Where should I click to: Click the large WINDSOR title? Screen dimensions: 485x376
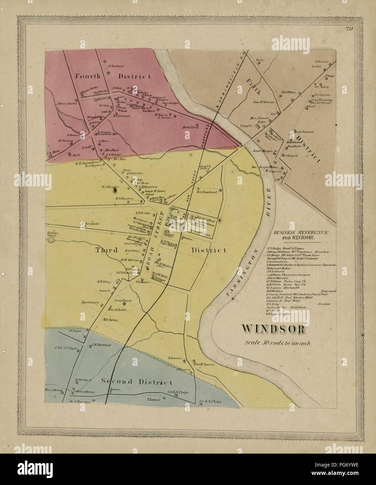[x=274, y=329]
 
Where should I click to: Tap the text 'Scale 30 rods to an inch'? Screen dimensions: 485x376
[x=280, y=342]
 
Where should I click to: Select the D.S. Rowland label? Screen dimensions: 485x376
[x=207, y=192]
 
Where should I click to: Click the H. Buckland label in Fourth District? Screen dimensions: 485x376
[x=113, y=66]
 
